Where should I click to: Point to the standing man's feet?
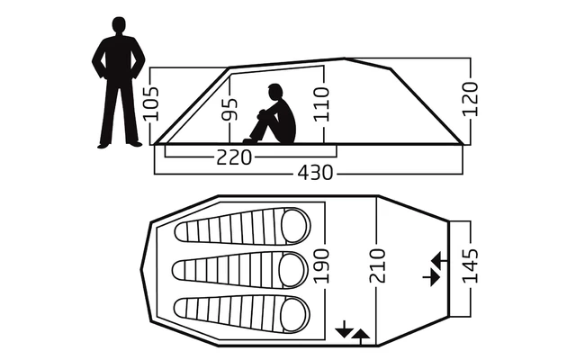pos(119,142)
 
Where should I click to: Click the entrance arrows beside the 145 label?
pos(433,269)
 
